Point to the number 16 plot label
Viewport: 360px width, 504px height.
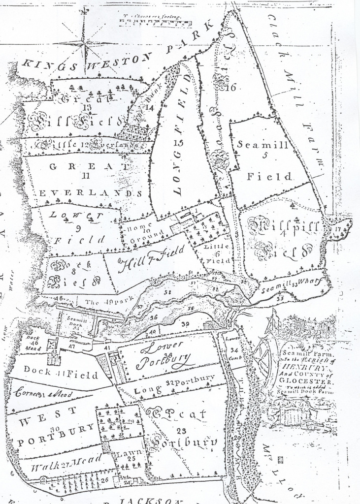pyautogui.click(x=229, y=88)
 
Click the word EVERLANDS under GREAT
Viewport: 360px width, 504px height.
pyautogui.click(x=91, y=193)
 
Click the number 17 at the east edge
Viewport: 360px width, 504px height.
pyautogui.click(x=338, y=228)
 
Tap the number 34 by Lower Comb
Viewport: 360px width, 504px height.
pyautogui.click(x=234, y=350)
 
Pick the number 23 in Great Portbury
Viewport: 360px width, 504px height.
pyautogui.click(x=181, y=431)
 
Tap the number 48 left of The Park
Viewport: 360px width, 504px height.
pyautogui.click(x=60, y=298)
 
